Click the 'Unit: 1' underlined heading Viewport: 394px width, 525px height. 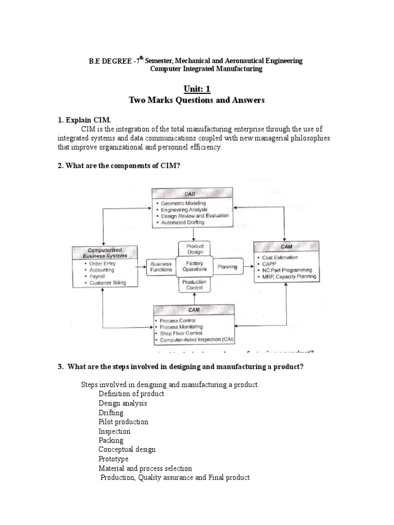[x=198, y=89]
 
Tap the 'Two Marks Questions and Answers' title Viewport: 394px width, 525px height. [x=198, y=100]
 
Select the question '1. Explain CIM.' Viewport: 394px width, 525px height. [x=84, y=120]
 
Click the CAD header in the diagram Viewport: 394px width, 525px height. [x=192, y=194]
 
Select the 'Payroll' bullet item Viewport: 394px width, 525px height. [x=97, y=276]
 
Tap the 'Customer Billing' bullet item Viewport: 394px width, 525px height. [x=107, y=283]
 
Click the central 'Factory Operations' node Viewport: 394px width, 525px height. [x=194, y=266]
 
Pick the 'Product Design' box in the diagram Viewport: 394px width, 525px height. [x=195, y=249]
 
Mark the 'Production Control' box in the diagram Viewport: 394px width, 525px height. [x=194, y=285]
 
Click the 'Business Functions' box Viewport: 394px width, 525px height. [x=161, y=267]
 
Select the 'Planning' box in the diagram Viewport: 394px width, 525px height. [x=227, y=267]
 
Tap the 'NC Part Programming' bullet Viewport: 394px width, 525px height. [x=286, y=270]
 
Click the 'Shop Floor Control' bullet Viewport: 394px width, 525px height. [x=182, y=333]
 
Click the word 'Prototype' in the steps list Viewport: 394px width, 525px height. [x=113, y=459]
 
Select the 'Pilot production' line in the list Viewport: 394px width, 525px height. [x=123, y=422]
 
